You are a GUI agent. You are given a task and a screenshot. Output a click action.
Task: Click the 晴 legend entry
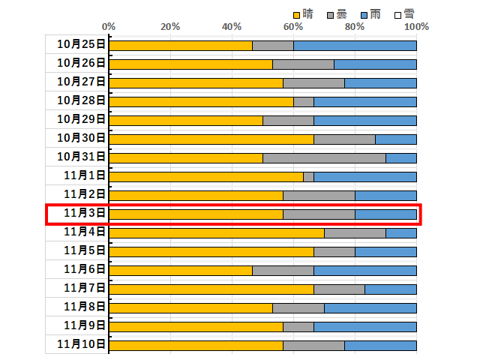point(301,13)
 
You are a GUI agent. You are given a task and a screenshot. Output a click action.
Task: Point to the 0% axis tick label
point(109,27)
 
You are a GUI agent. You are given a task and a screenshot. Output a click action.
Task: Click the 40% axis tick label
point(232,27)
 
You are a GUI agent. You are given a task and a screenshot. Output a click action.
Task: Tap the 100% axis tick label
point(415,27)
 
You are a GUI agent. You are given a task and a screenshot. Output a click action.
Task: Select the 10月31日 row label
point(81,157)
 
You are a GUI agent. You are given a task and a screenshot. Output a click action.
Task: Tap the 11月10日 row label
point(81,345)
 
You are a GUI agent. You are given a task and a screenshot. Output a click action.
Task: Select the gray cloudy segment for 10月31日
point(324,157)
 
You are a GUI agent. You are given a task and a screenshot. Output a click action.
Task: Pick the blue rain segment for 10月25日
point(355,45)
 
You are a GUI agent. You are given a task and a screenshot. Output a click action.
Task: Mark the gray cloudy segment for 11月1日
point(308,176)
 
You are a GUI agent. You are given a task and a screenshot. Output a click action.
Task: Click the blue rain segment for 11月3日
point(385,214)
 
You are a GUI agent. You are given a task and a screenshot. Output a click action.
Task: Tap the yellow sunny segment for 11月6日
point(181,270)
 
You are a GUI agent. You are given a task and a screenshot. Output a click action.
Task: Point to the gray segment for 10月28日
point(304,101)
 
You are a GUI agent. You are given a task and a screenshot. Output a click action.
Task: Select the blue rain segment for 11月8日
point(370,307)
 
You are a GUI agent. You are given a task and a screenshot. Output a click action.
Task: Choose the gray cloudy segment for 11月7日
point(339,289)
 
